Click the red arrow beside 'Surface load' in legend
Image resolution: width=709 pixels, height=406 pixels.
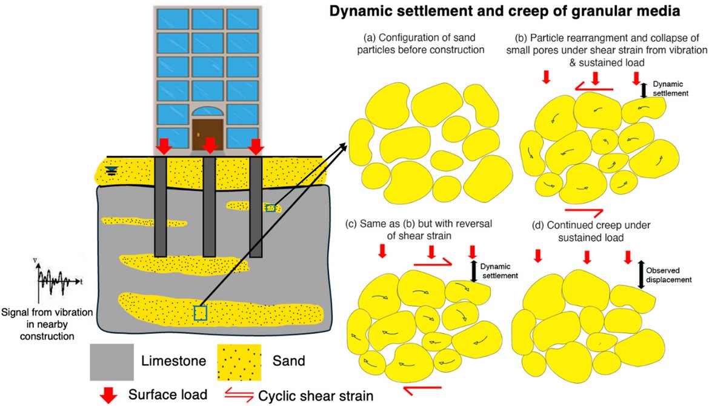[x=108, y=394]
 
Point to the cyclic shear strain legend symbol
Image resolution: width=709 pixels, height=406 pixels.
[x=239, y=394]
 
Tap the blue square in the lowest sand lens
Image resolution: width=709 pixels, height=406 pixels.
[x=200, y=313]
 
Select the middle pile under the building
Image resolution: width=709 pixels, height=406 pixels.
[x=209, y=206]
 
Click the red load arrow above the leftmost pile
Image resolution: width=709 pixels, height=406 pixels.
[x=162, y=146]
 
